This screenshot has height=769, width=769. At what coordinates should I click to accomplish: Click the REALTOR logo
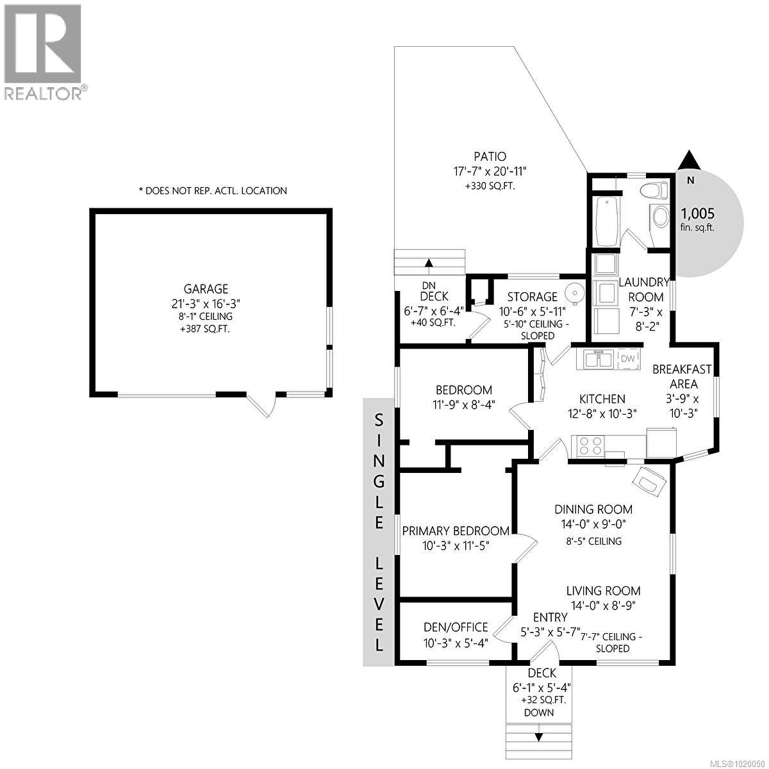pyautogui.click(x=43, y=52)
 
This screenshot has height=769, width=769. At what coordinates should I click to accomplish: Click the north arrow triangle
pyautogui.click(x=688, y=160)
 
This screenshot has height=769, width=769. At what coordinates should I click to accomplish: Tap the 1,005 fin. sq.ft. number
pyautogui.click(x=697, y=214)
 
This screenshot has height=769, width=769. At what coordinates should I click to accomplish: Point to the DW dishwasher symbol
pyautogui.click(x=629, y=359)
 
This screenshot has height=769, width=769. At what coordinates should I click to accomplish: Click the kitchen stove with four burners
pyautogui.click(x=591, y=445)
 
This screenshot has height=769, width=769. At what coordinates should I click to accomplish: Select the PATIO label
pyautogui.click(x=490, y=156)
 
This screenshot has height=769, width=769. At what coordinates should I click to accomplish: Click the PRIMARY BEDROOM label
pyautogui.click(x=456, y=531)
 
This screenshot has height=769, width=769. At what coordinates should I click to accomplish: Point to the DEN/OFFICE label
pyautogui.click(x=456, y=627)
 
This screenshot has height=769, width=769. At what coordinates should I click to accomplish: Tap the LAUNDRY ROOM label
pyautogui.click(x=645, y=290)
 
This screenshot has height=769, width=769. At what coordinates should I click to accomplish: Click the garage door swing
pyautogui.click(x=263, y=404)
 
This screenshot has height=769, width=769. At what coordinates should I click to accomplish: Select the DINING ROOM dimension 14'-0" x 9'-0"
pyautogui.click(x=593, y=524)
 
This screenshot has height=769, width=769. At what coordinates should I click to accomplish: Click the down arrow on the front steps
pyautogui.click(x=538, y=736)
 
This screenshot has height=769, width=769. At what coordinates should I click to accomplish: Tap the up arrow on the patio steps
pyautogui.click(x=429, y=262)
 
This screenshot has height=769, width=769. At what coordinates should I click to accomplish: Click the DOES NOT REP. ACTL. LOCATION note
pyautogui.click(x=213, y=190)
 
